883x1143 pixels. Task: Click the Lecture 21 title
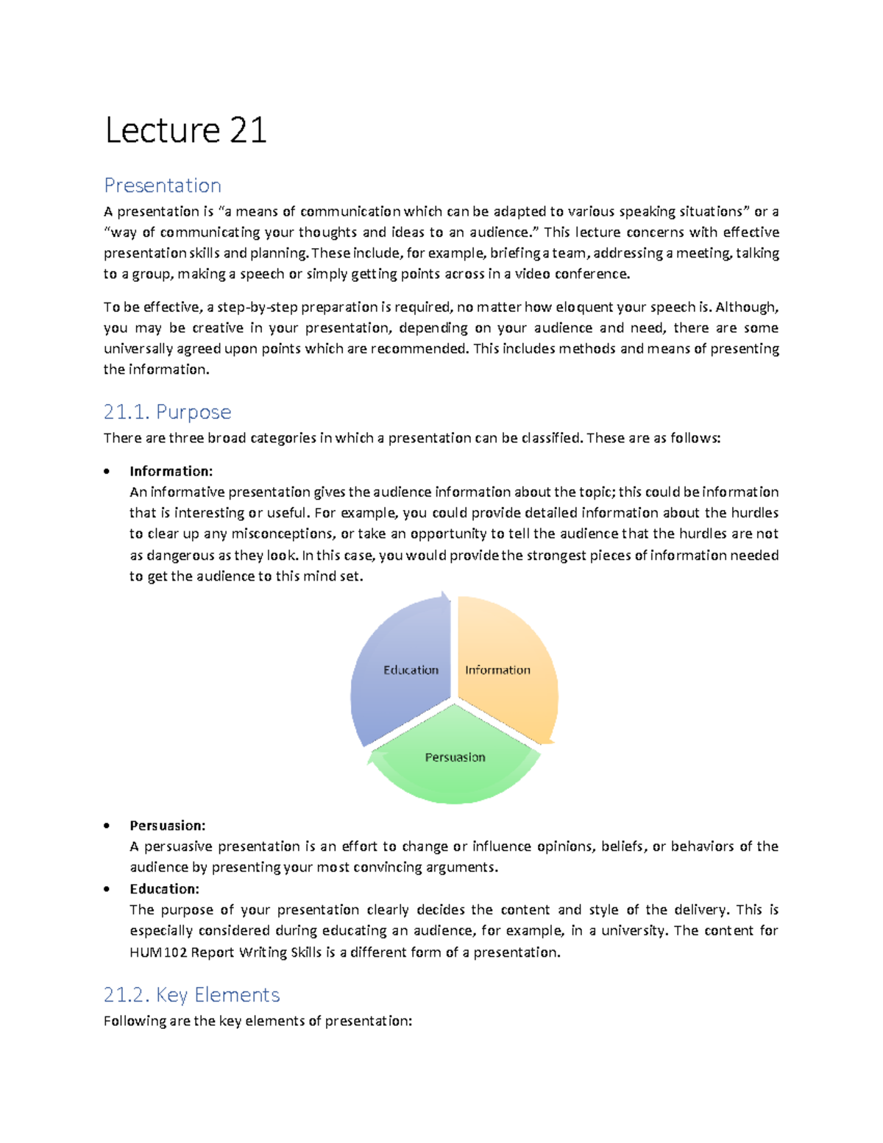pos(185,131)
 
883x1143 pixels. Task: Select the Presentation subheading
pos(163,185)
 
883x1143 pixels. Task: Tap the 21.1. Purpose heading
pos(167,412)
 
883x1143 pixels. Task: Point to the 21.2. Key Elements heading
pos(191,995)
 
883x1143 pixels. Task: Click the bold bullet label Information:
pos(171,471)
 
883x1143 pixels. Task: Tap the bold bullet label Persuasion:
pos(167,826)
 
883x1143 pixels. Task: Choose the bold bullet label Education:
pos(164,889)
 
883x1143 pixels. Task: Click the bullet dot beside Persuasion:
pos(107,826)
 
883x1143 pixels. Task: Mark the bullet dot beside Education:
pos(107,889)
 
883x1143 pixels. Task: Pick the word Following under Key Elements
pos(135,1022)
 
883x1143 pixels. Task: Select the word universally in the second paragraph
pos(138,349)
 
